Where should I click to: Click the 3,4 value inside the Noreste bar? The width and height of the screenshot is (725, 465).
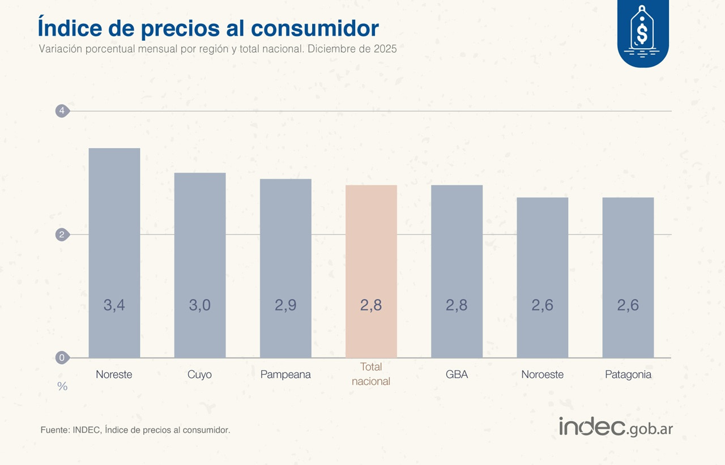(114, 305)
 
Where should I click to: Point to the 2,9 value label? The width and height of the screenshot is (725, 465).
(285, 305)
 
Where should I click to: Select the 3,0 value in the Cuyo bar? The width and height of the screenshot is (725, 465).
(199, 305)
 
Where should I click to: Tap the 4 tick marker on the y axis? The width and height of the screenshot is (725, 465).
(62, 111)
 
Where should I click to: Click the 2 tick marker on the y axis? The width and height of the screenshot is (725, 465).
(62, 234)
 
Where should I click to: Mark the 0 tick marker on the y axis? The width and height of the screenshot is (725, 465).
(62, 357)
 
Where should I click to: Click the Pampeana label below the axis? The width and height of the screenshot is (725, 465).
(285, 375)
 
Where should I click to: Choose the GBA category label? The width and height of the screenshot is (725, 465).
(457, 375)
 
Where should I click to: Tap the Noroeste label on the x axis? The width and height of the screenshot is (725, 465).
(542, 375)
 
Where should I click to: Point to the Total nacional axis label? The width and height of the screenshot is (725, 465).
(371, 374)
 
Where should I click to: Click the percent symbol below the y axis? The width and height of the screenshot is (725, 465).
(62, 387)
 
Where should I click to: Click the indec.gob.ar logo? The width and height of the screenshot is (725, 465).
(616, 427)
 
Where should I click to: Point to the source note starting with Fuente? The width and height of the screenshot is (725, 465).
(135, 430)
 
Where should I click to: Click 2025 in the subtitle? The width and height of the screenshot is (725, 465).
(385, 49)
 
